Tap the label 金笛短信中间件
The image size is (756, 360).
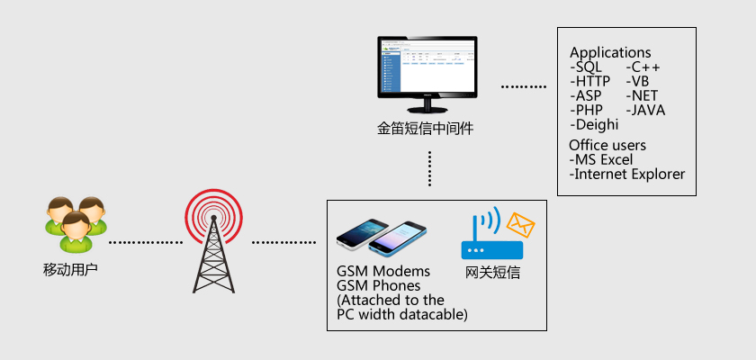(426, 129)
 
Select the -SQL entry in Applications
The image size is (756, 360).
(589, 67)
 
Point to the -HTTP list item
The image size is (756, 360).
(590, 82)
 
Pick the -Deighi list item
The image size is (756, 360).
(594, 125)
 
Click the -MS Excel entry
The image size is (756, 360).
(601, 159)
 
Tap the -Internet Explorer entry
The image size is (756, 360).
(627, 174)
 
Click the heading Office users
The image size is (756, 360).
(607, 145)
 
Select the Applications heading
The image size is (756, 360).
(610, 53)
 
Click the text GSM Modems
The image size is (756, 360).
(383, 272)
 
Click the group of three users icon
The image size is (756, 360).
(76, 222)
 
